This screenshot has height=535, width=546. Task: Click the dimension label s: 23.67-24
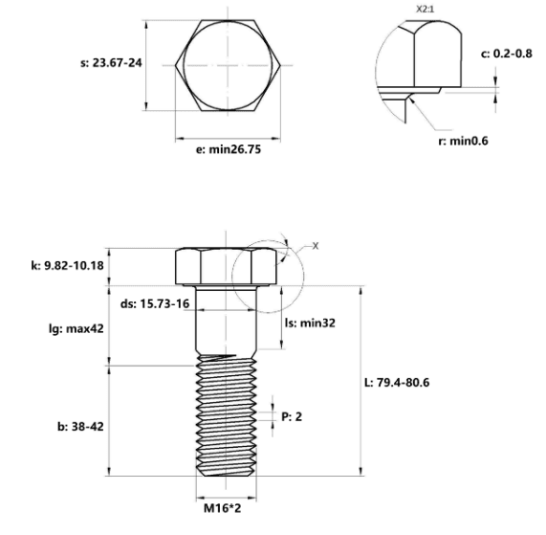click(111, 63)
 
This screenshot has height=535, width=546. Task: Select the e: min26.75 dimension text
click(229, 149)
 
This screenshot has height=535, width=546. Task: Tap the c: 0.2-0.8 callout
click(506, 54)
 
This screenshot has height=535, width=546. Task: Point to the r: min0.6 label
click(463, 141)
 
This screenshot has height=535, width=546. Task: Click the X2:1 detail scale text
click(426, 9)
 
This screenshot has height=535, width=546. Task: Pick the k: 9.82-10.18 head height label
click(68, 265)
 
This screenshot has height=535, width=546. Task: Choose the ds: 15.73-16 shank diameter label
click(155, 303)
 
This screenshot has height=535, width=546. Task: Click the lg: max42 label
click(76, 328)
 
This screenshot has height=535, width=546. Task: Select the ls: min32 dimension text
click(310, 323)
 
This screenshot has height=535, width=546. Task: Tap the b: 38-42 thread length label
click(80, 427)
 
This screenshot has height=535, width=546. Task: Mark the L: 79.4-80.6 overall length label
click(397, 383)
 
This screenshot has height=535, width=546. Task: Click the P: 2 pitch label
click(292, 416)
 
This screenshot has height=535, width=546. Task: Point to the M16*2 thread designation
click(222, 508)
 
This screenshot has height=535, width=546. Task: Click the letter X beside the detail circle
click(316, 246)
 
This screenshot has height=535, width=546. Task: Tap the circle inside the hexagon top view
click(184, 65)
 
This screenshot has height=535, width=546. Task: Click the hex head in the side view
click(227, 267)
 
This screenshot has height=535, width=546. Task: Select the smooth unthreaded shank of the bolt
click(227, 320)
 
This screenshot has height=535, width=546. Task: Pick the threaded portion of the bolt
click(227, 414)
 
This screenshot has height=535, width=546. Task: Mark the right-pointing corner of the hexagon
click(280, 65)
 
